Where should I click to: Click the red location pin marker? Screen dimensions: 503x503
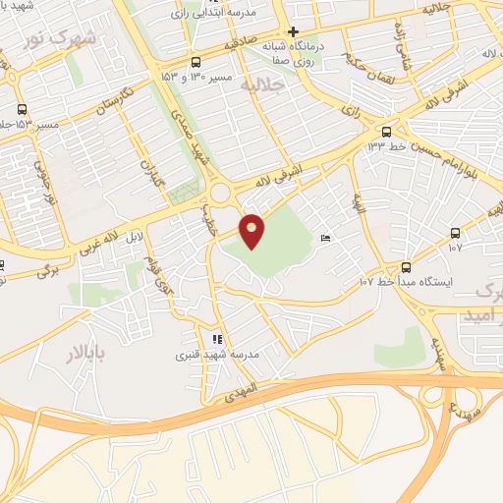tap(252, 230)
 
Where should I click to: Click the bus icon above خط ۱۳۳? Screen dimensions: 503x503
tap(386, 131)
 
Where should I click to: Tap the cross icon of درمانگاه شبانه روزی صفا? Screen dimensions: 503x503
tap(293, 30)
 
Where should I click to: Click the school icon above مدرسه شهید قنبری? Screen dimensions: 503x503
tap(217, 339)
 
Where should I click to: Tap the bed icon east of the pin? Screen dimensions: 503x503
tap(325, 238)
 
